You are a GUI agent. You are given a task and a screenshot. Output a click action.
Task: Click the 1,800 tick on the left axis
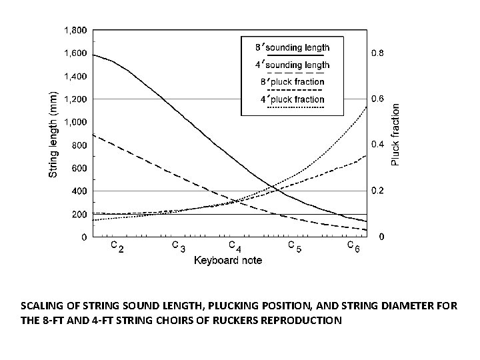(75, 30)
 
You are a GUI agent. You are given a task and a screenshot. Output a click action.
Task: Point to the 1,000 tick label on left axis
(75, 122)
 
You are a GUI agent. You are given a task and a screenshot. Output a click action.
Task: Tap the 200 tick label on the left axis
(80, 214)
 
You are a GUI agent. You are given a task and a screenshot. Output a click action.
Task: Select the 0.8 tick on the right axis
(377, 53)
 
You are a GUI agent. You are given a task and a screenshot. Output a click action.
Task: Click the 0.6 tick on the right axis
(377, 99)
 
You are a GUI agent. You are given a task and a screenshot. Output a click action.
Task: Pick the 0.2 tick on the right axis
(377, 191)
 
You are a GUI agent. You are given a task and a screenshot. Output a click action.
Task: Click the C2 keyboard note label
(116, 247)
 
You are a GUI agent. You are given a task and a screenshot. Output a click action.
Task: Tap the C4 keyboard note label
(235, 247)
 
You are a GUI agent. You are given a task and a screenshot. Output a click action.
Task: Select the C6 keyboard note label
(354, 247)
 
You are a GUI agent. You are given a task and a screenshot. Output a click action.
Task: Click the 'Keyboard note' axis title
(228, 260)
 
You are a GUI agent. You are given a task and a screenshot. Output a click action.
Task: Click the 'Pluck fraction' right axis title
(395, 134)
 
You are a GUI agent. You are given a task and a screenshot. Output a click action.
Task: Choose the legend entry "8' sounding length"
(292, 47)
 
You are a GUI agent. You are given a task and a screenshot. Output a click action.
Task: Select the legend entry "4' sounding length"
(292, 65)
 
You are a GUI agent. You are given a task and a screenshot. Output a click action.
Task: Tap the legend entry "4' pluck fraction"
(292, 99)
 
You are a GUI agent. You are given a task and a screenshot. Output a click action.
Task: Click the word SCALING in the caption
(43, 306)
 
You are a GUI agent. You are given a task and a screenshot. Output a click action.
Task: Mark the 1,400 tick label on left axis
(75, 76)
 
